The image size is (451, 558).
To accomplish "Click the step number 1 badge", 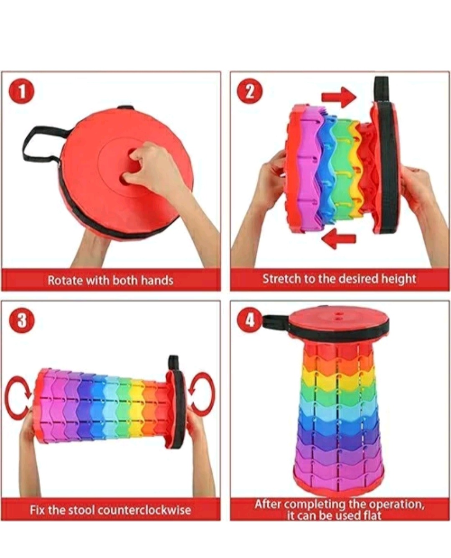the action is [x=22, y=92].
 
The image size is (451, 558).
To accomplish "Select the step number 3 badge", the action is [x=22, y=321].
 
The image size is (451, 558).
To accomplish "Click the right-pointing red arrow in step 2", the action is [x=339, y=97].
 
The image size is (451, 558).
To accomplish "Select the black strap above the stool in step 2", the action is [x=381, y=89].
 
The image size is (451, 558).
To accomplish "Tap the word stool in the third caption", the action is [x=81, y=510].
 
